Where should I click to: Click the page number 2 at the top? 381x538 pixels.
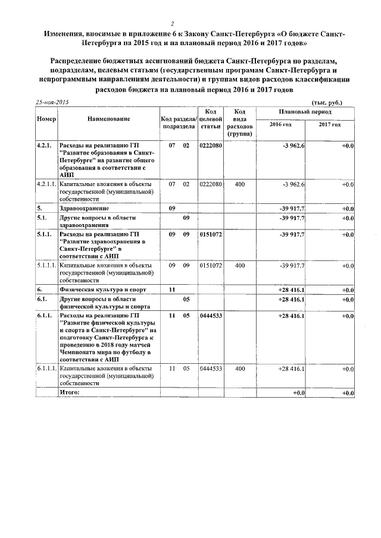pos(171,23)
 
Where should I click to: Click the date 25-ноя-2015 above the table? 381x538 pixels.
pos(52,102)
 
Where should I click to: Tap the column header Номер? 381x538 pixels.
pos(46,119)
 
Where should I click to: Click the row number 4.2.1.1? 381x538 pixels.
pos(46,184)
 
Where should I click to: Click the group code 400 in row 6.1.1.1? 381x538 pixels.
pos(240,369)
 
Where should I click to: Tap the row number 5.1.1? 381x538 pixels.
pos(44,235)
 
